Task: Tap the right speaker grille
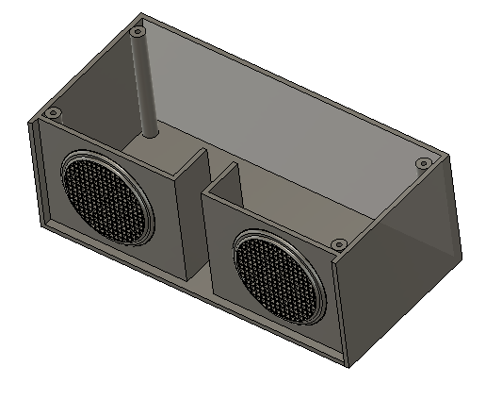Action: point(279,276)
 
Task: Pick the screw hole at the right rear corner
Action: point(423,164)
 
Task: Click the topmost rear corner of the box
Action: point(142,14)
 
